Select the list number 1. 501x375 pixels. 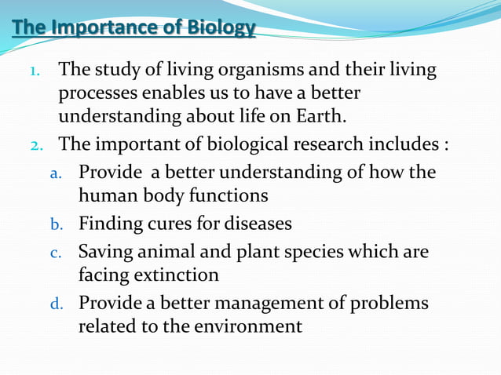coord(35,71)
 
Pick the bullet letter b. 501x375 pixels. coord(56,225)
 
